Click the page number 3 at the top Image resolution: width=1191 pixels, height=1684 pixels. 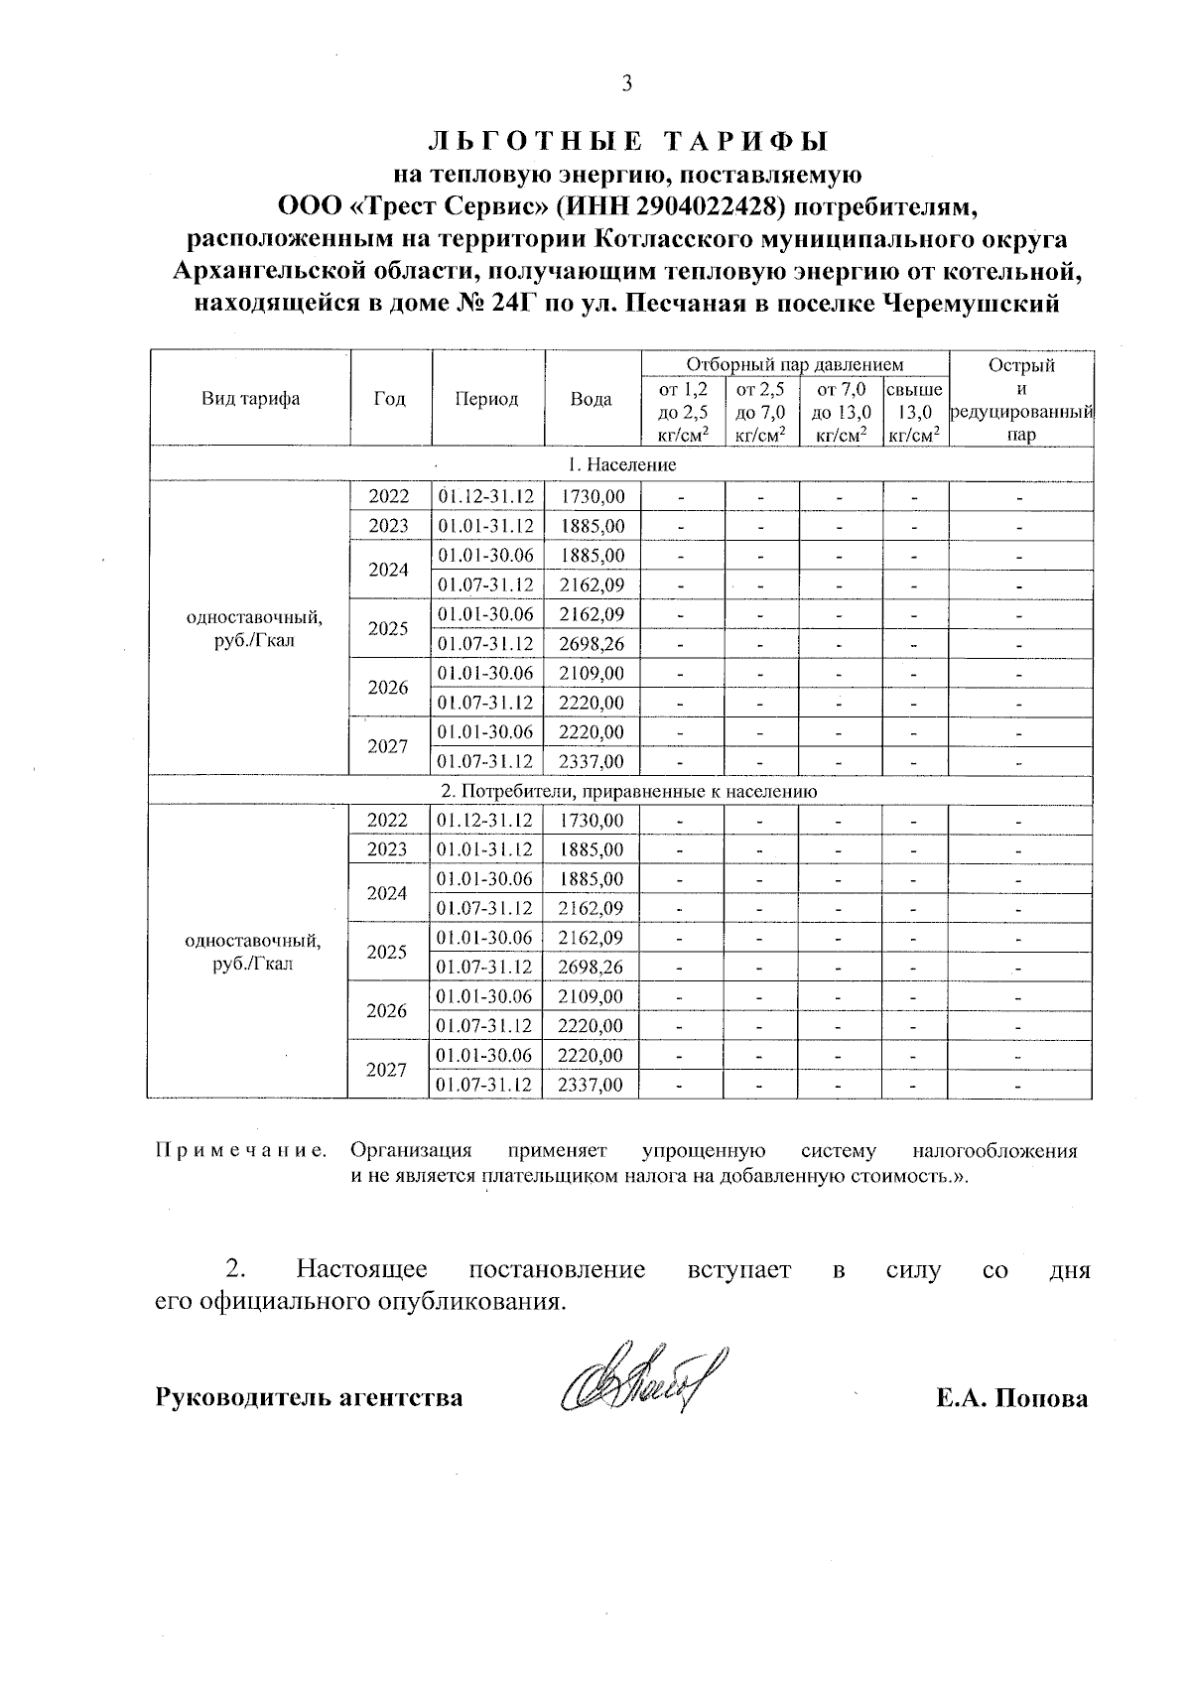626,84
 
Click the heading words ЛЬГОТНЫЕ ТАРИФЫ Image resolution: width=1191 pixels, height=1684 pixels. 626,140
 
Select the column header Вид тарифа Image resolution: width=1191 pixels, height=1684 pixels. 250,399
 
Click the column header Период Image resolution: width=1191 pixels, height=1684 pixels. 486,399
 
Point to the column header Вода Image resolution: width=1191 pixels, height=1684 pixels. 592,399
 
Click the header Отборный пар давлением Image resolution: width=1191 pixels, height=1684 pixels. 795,364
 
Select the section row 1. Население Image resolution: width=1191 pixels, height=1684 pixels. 621,464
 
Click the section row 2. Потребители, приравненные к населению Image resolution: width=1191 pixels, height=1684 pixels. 628,791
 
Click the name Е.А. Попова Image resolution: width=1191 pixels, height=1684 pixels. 1010,1398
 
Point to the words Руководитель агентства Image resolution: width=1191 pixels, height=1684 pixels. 309,1398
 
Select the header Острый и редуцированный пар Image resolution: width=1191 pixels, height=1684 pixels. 1021,399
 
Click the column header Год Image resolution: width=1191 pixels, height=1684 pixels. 389,399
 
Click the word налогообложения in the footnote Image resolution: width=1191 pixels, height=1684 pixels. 993,1151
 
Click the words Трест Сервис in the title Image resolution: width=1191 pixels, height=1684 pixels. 451,205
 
